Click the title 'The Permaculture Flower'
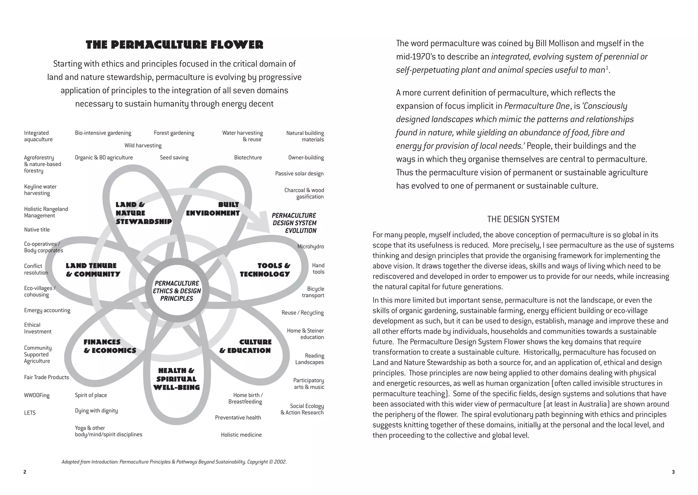tap(174, 45)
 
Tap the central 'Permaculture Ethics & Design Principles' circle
tap(177, 291)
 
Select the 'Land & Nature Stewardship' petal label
tap(143, 213)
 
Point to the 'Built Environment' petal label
tap(213, 209)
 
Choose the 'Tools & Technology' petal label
tap(265, 269)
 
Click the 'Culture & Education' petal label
tap(245, 346)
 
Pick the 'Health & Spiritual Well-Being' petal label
tap(176, 379)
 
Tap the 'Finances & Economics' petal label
tap(110, 346)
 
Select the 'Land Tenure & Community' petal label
tap(93, 269)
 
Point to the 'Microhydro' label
tap(310, 247)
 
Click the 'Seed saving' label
tap(174, 157)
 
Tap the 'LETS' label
tap(30, 413)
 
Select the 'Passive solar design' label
tap(299, 173)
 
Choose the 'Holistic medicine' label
tap(241, 435)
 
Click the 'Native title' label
tap(37, 230)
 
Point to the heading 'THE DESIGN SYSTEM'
tap(523, 219)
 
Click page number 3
tap(673, 472)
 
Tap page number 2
tap(25, 472)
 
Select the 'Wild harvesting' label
tap(143, 145)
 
